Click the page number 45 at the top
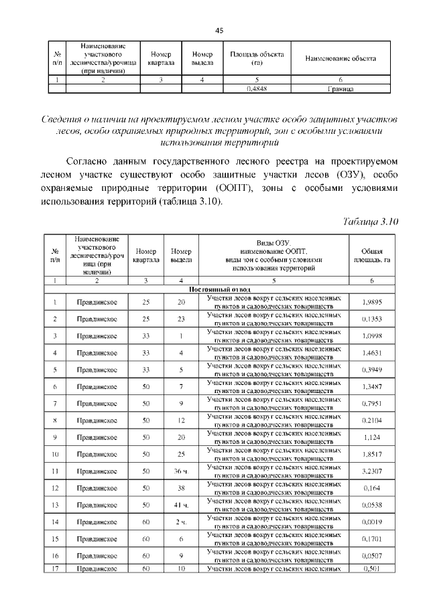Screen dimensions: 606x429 click(x=219, y=30)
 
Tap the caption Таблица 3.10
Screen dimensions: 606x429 click(x=371, y=222)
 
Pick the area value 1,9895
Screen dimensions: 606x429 click(x=371, y=303)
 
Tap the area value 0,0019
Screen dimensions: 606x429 click(x=371, y=521)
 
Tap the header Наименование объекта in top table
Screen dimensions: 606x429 click(x=341, y=59)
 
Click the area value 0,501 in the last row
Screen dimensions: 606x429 click(x=371, y=569)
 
